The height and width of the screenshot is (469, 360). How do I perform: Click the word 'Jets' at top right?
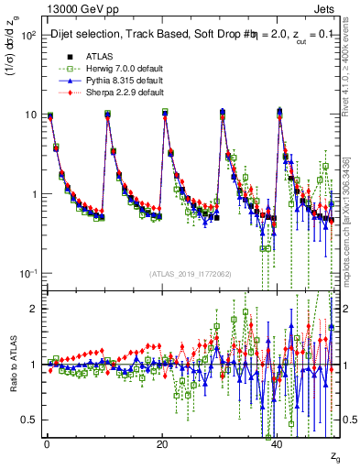(328, 8)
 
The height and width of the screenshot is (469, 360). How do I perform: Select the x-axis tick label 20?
(162, 444)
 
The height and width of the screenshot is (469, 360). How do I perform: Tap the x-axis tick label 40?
(278, 444)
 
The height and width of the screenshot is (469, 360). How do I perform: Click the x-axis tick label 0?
(47, 444)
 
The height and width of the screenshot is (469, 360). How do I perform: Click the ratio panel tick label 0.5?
(28, 420)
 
